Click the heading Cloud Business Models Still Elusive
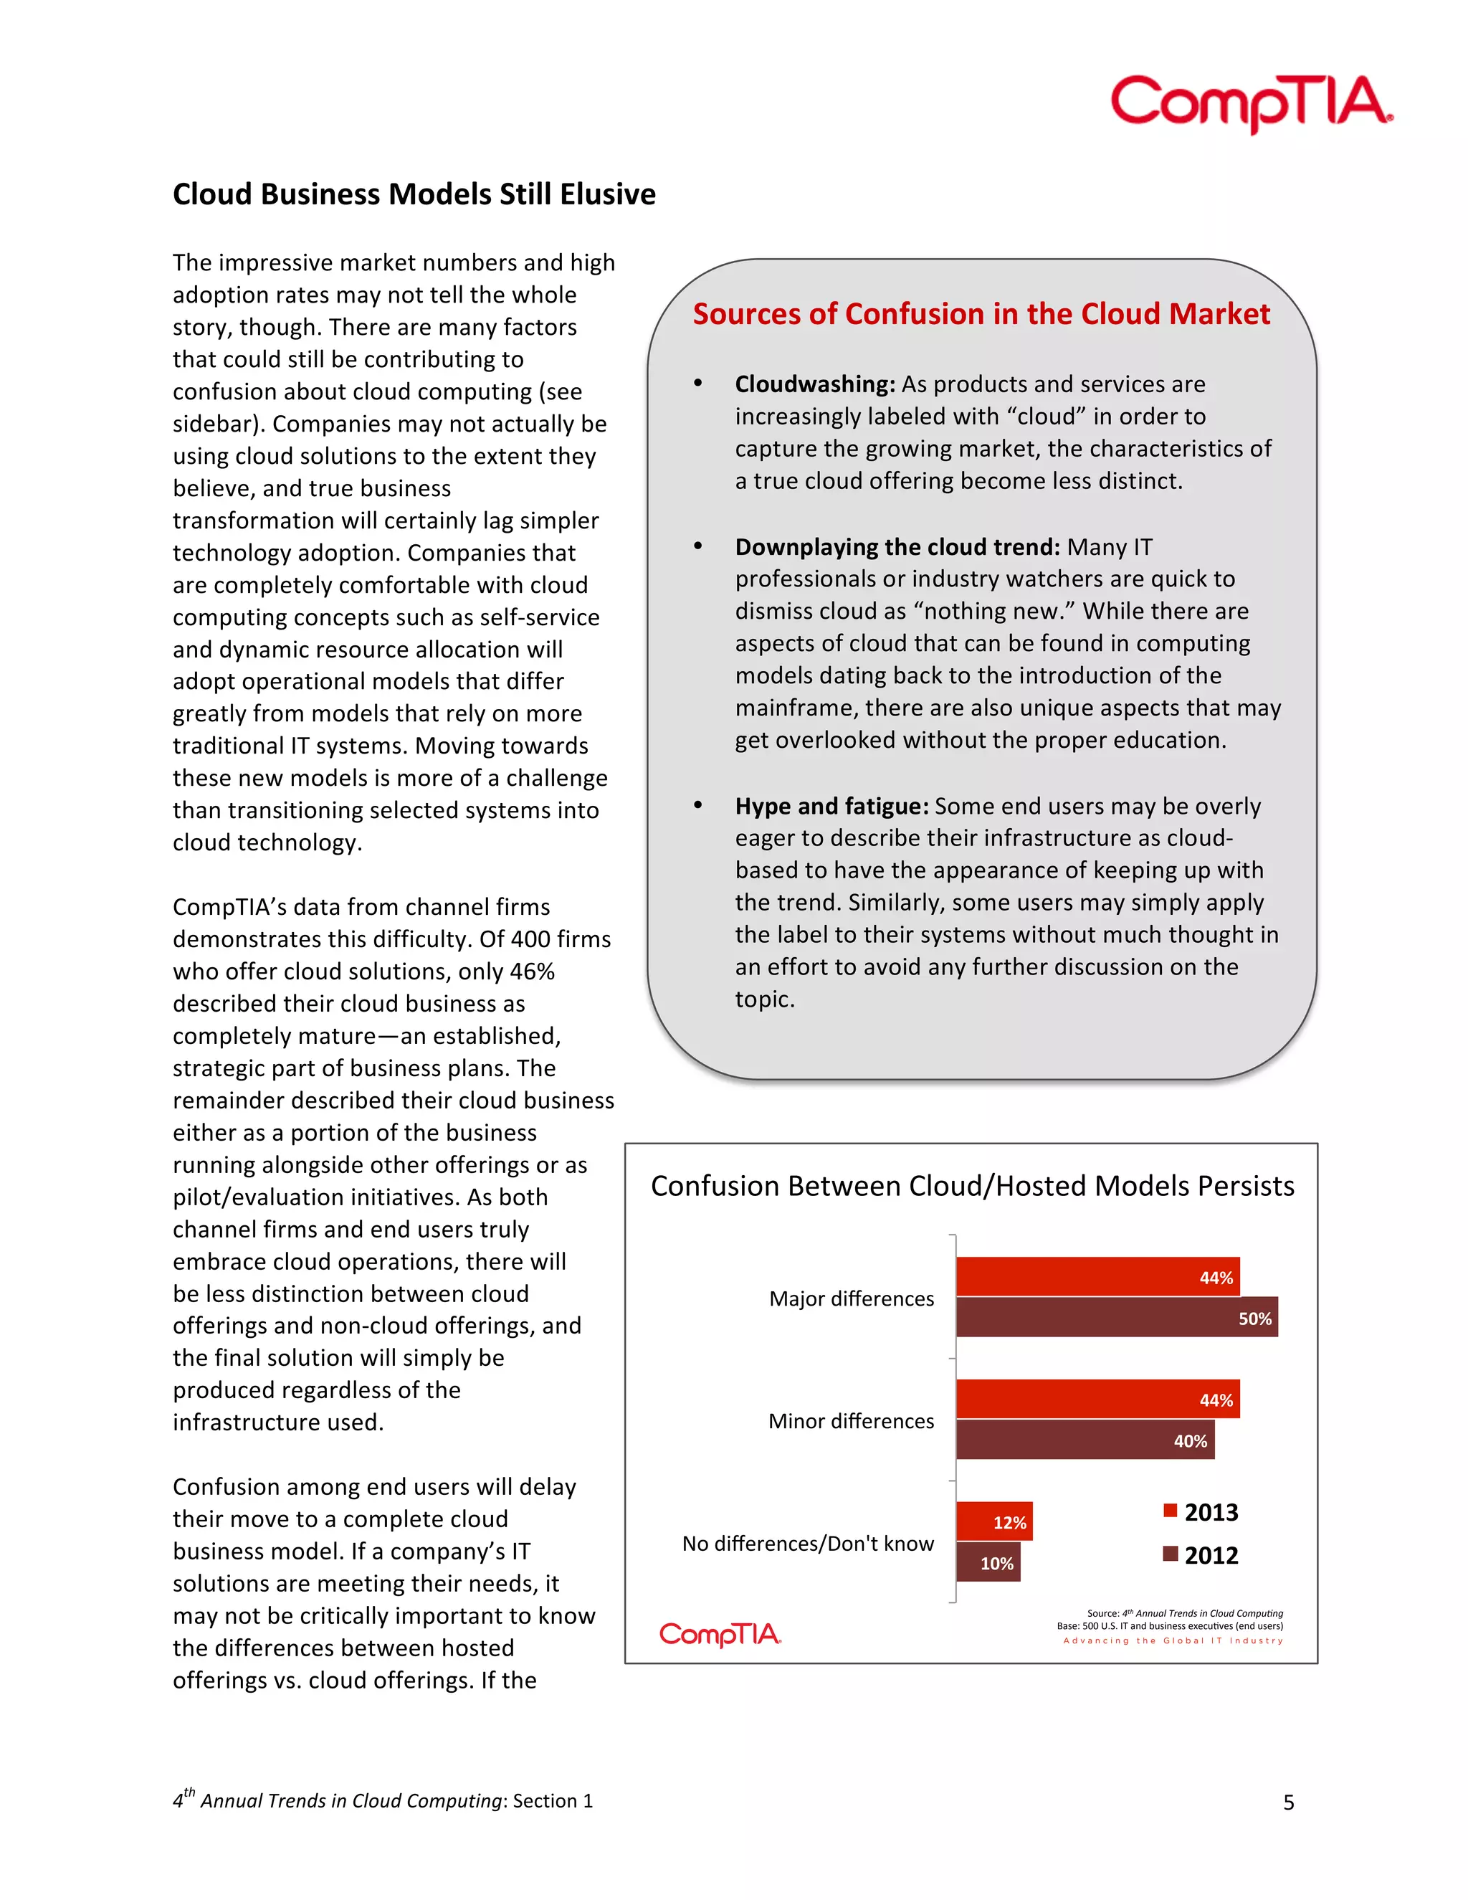414,194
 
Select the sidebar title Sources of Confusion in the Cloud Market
981,314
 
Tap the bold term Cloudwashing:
814,384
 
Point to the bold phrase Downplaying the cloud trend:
897,546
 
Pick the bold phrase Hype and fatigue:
831,806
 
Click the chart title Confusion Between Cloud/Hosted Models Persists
971,1186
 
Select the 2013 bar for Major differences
1097,1276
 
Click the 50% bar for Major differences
1116,1317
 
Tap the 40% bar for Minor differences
1085,1440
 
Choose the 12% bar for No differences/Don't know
994,1521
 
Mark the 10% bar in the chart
988,1562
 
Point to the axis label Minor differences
851,1420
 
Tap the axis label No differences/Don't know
807,1544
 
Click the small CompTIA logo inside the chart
720,1634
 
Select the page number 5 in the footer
1288,1802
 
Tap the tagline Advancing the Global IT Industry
1172,1640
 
